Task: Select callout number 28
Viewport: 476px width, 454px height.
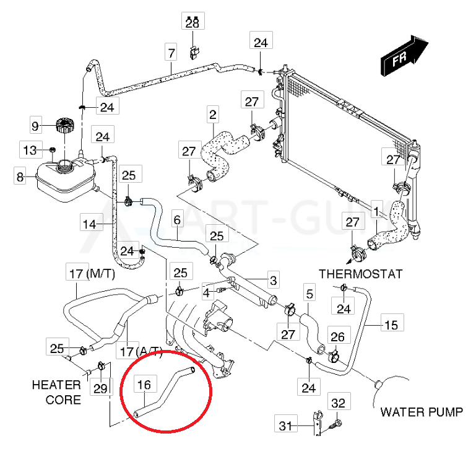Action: click(192, 22)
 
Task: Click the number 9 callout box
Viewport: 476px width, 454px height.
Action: click(35, 126)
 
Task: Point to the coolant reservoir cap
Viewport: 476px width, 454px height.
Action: click(64, 124)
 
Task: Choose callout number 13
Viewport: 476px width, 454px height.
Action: click(30, 150)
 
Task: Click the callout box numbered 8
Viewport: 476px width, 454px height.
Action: click(20, 177)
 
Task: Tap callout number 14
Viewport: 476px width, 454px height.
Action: click(91, 224)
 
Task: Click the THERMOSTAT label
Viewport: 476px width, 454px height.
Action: click(361, 274)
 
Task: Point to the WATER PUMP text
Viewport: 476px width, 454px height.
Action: click(421, 412)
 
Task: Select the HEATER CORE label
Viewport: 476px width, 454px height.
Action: click(56, 393)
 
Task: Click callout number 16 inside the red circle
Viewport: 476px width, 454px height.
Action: click(144, 385)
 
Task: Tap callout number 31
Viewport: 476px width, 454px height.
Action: click(285, 426)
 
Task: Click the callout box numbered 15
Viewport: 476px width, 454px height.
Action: click(391, 323)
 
